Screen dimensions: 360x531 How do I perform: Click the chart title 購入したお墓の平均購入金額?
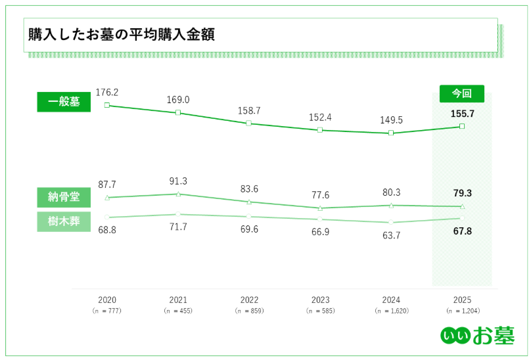pos(122,35)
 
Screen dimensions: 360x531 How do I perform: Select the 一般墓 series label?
pos(64,102)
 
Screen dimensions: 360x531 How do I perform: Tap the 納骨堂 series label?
pos(64,196)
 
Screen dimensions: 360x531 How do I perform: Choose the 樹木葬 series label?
pos(64,221)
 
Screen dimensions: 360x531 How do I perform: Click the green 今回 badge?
pos(461,93)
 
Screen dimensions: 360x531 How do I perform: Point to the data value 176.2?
pos(106,92)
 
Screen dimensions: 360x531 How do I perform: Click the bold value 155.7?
pos(462,114)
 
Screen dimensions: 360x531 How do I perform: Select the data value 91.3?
pos(177,181)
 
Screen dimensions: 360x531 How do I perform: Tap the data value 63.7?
pos(391,235)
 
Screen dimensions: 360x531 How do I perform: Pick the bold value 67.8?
pos(462,231)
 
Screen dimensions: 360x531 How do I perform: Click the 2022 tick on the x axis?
pos(249,300)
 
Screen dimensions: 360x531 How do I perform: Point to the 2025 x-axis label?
pos(462,300)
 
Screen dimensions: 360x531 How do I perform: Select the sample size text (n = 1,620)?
pos(391,310)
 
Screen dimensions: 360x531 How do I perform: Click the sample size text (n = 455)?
pos(178,310)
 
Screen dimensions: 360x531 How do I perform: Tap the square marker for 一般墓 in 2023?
pos(320,130)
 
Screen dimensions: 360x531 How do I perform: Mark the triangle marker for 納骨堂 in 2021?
pos(178,194)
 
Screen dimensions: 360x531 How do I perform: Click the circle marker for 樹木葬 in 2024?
pos(391,222)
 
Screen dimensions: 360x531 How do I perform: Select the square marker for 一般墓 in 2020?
pos(106,105)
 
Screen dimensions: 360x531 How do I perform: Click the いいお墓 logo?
pos(476,334)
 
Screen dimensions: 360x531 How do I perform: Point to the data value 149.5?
pos(391,120)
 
